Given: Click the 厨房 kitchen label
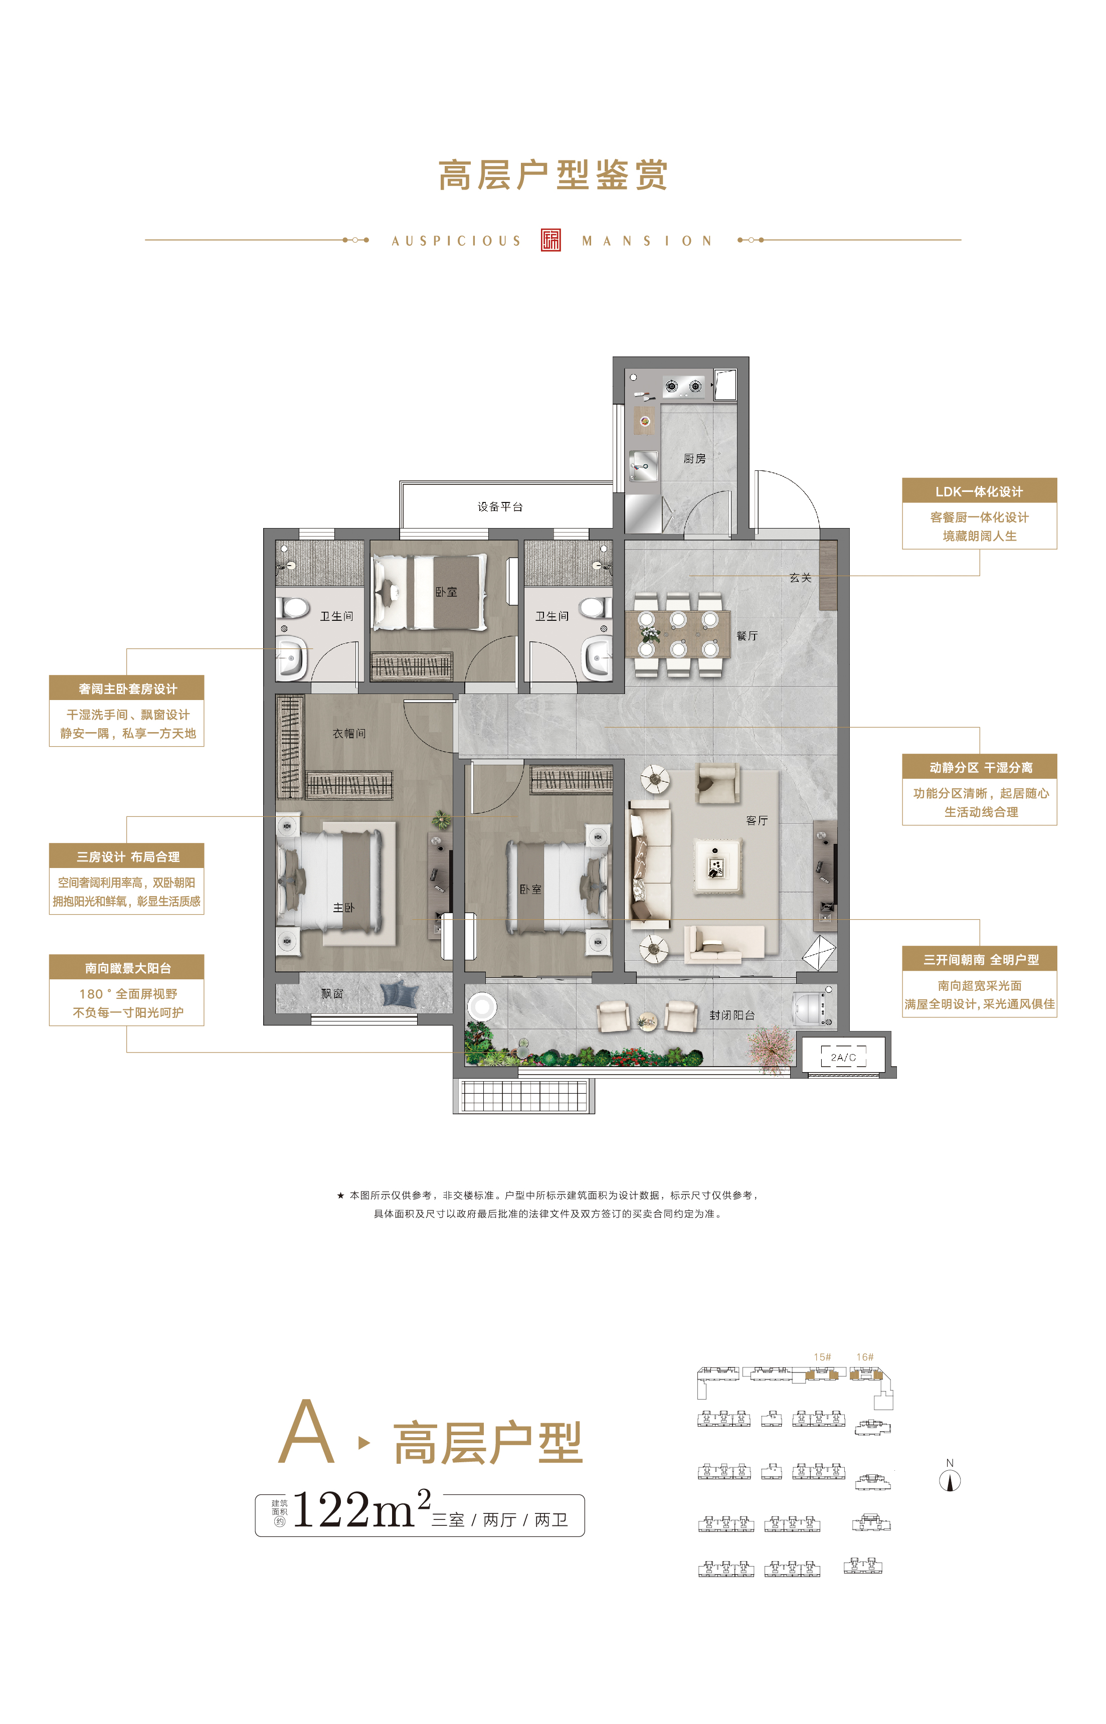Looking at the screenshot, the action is [694, 458].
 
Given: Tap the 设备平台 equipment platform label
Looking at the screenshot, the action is [500, 506].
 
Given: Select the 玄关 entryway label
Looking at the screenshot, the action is [800, 578].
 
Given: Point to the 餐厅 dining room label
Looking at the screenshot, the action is [747, 636].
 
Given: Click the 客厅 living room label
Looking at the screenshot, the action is [757, 820].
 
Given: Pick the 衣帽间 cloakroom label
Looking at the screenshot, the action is [349, 734].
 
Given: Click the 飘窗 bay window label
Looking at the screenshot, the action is [332, 993].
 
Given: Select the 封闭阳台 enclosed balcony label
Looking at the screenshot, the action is [732, 1015].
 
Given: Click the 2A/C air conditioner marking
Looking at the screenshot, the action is [843, 1058].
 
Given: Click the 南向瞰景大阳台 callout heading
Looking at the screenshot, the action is [128, 968].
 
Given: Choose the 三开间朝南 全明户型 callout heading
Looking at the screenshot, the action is [981, 960].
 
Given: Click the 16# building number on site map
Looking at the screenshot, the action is [865, 1357].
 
